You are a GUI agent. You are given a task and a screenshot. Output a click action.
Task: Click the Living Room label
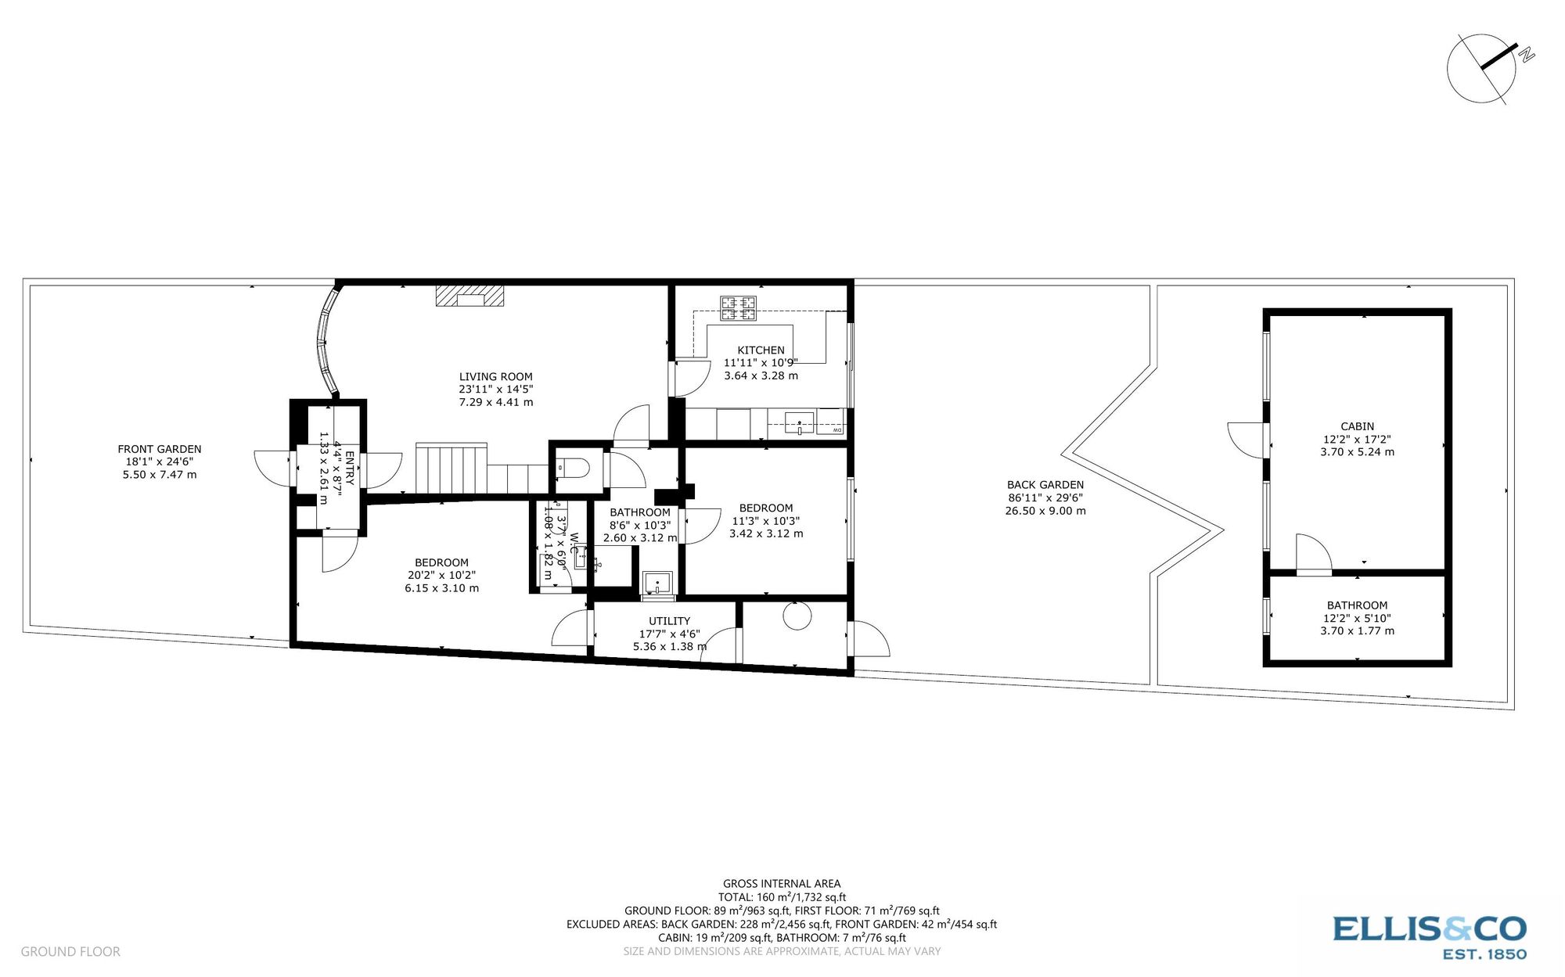tap(495, 376)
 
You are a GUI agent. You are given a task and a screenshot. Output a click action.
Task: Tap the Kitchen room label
tap(761, 350)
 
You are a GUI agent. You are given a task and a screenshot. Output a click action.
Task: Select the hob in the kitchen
tap(739, 308)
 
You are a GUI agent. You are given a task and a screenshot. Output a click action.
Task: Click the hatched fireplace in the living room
tap(469, 296)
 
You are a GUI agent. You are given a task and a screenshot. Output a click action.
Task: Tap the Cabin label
tap(1357, 426)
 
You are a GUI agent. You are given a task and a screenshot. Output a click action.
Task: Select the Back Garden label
tap(1045, 485)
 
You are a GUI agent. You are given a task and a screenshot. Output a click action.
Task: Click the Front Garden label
tap(160, 449)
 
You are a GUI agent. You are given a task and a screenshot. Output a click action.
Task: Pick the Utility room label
tap(669, 621)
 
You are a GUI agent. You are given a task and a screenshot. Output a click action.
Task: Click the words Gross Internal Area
tap(782, 884)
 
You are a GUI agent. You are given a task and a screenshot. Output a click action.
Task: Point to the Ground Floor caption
tap(70, 952)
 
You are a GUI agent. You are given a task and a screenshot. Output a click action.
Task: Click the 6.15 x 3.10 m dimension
tap(442, 588)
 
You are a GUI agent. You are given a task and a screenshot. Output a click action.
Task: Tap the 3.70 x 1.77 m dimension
tap(1357, 631)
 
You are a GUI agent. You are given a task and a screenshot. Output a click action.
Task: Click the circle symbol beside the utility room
tap(797, 616)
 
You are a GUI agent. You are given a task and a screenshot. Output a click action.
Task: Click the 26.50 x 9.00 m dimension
tap(1045, 511)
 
